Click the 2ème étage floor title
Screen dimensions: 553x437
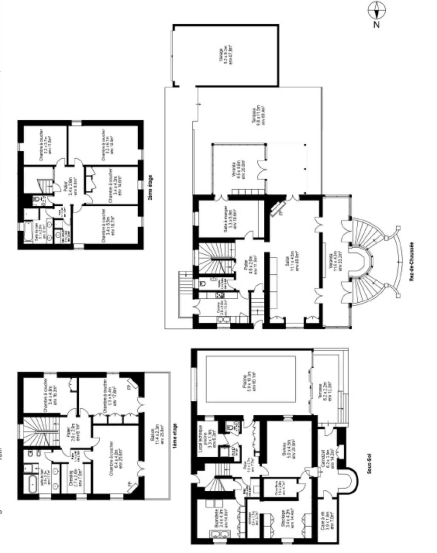[x=150, y=187]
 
